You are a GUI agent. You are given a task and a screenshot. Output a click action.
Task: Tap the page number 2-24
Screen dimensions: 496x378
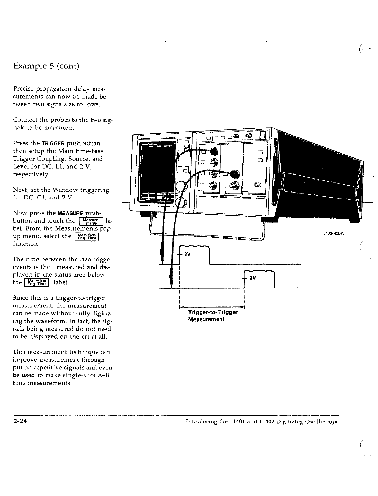click(20, 421)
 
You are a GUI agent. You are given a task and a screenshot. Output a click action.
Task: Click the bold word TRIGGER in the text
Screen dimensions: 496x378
click(53, 143)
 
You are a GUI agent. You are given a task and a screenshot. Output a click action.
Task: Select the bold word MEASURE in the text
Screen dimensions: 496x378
click(70, 213)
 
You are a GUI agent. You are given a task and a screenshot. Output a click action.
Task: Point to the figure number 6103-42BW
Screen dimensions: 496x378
click(335, 234)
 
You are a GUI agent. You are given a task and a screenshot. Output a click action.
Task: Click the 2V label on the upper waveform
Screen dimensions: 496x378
click(187, 255)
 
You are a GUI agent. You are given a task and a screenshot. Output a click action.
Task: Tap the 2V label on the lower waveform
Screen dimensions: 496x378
click(252, 278)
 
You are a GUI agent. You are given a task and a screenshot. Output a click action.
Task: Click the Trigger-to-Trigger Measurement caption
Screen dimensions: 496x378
click(213, 316)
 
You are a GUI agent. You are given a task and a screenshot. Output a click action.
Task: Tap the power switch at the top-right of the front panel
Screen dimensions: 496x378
click(263, 135)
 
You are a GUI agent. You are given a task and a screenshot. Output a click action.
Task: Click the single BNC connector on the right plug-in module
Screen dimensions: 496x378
click(257, 185)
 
